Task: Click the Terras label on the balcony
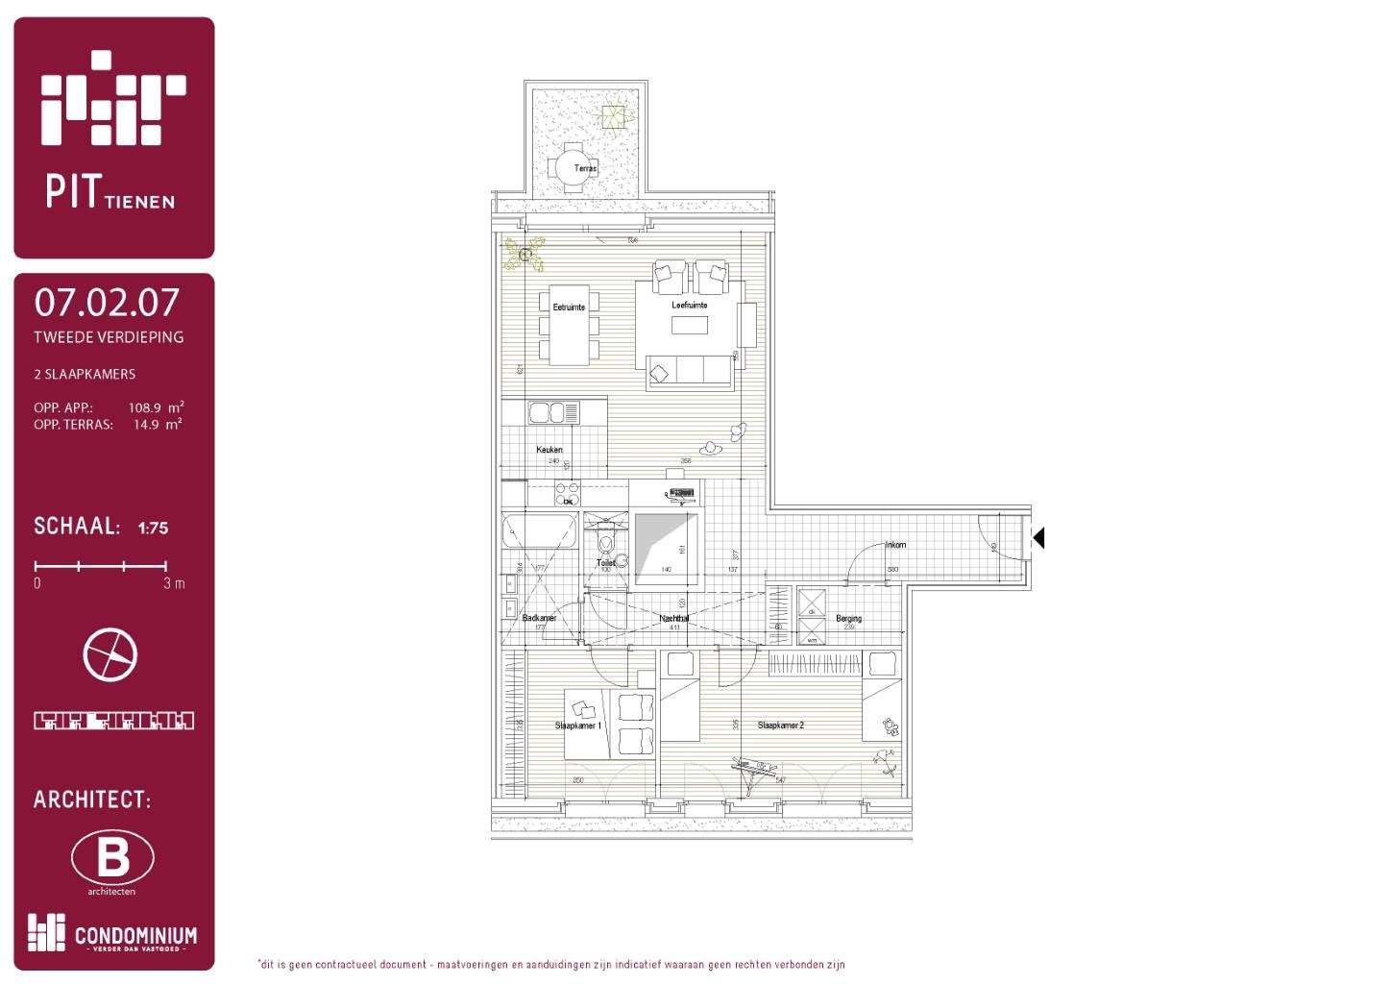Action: coord(585,168)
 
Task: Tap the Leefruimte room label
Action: coord(689,305)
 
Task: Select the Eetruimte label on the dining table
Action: coord(569,307)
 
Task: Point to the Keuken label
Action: coord(549,449)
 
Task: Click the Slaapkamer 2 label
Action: coord(780,726)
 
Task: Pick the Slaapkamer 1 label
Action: coord(577,726)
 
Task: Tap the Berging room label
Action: coord(848,619)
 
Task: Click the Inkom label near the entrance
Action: coord(895,545)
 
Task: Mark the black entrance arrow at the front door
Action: coord(1037,538)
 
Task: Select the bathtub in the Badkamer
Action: coord(539,530)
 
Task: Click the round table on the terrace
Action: coord(573,167)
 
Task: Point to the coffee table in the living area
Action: coord(689,326)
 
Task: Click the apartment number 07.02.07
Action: coord(107,303)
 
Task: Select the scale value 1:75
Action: coord(153,528)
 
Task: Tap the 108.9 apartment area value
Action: coord(145,407)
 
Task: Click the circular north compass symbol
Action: coord(110,654)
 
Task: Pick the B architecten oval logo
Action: coord(112,857)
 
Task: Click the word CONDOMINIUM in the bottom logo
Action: coord(135,935)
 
